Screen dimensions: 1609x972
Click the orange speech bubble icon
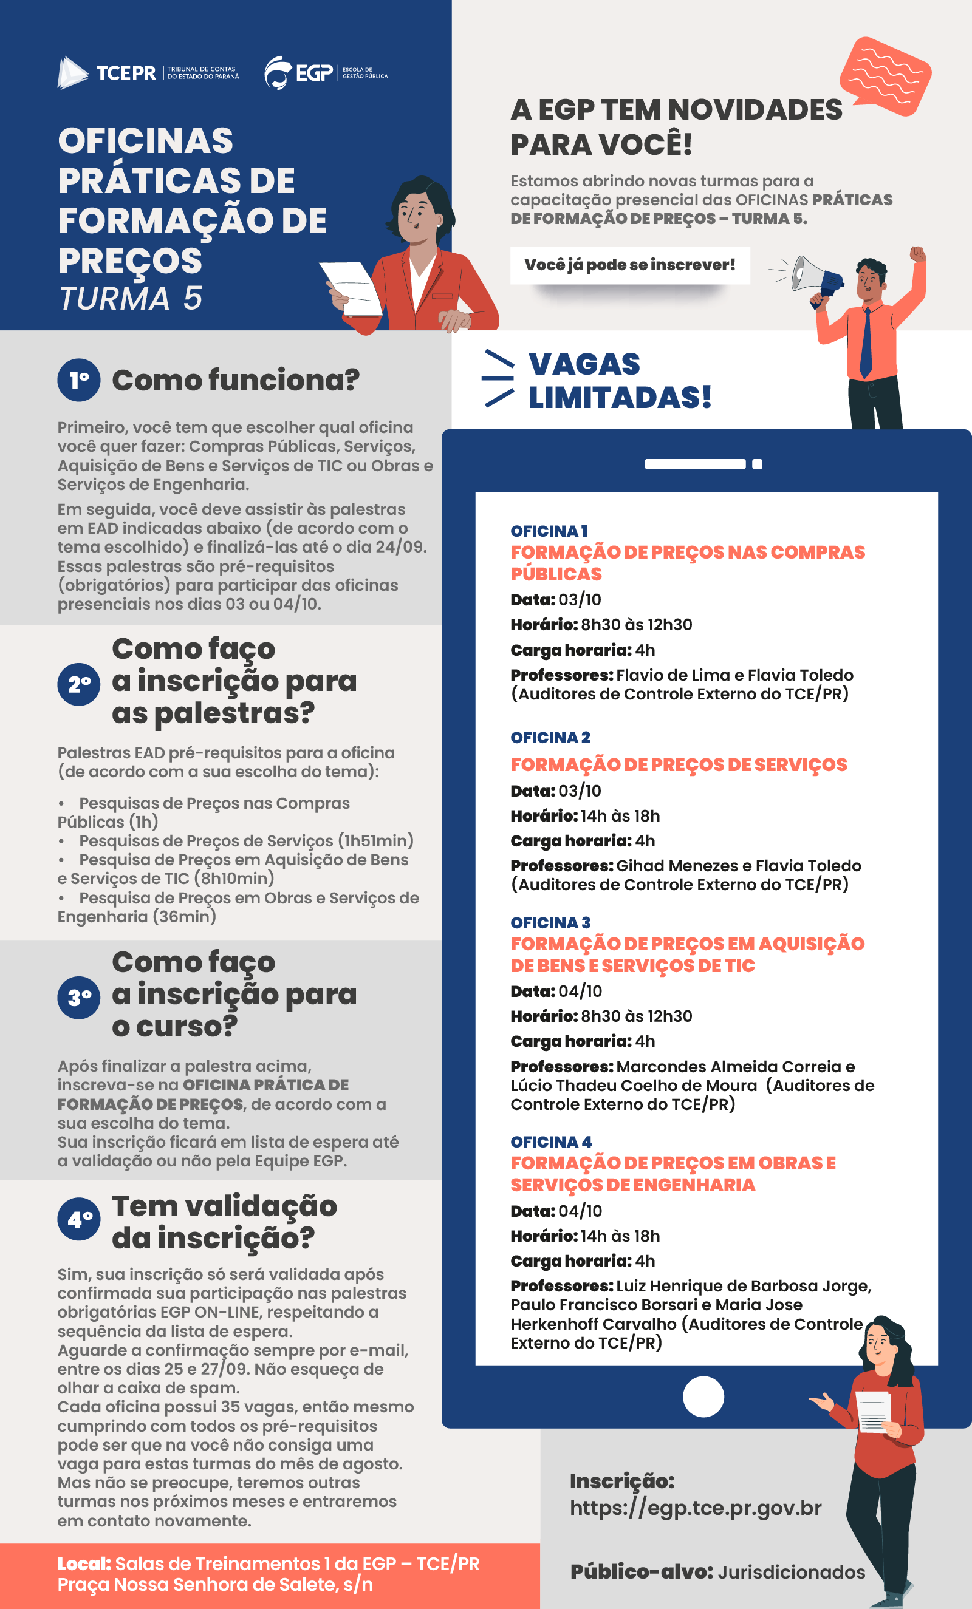[885, 76]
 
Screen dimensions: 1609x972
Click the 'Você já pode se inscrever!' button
[630, 265]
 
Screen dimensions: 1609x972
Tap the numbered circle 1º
[79, 380]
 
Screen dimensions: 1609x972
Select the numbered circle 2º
[79, 684]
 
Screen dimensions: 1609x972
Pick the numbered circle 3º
[79, 997]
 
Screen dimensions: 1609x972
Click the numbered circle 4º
[79, 1219]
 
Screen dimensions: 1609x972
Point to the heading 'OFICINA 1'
[549, 531]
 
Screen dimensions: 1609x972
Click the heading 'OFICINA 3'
[550, 922]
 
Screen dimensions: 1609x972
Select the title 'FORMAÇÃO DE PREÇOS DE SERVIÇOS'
[678, 764]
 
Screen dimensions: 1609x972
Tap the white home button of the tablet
[703, 1396]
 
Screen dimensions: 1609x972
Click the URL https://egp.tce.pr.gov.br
[695, 1508]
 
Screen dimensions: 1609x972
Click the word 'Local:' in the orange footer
[84, 1564]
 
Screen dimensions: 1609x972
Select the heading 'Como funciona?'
[235, 380]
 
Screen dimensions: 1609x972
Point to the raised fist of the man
[918, 254]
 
